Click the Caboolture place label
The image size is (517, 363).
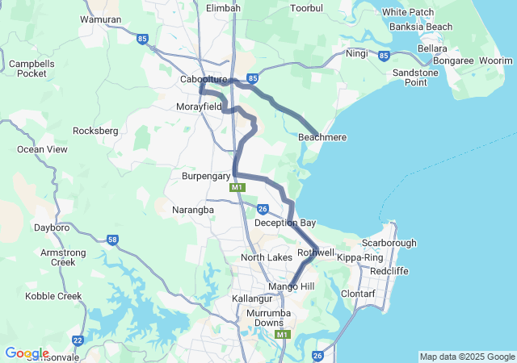[204, 79]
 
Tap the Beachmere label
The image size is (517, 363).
[322, 137]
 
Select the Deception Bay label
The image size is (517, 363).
[284, 223]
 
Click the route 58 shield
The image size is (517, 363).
[112, 240]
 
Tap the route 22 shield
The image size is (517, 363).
[78, 340]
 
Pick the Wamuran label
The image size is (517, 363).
[101, 19]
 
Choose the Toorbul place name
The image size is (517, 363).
[306, 8]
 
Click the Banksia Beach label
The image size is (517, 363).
[421, 27]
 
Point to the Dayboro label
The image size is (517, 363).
[53, 227]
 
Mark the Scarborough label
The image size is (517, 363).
[389, 243]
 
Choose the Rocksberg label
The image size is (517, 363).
[95, 130]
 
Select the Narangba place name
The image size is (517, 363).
[192, 210]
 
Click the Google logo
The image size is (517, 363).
[26, 353]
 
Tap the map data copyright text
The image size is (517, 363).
[467, 357]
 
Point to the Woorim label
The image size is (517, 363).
[496, 60]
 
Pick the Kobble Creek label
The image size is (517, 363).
[53, 296]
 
